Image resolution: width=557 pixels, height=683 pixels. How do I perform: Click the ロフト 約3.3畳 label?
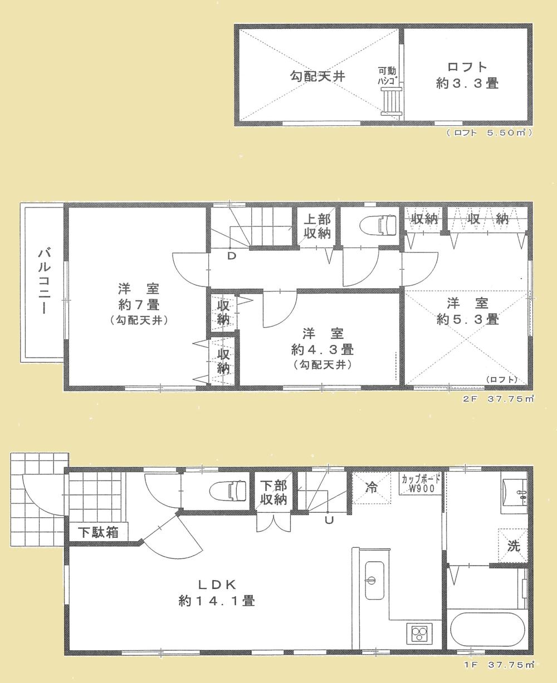[466, 75]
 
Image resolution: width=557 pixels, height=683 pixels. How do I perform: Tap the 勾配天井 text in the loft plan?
[317, 76]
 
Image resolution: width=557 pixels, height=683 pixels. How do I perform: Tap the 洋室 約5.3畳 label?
[467, 311]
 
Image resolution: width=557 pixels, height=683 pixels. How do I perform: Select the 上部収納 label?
[317, 225]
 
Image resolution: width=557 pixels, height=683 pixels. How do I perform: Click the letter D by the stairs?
[231, 255]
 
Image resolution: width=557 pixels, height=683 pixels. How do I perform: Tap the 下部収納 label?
[272, 492]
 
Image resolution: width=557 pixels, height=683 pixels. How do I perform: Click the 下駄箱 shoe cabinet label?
[97, 532]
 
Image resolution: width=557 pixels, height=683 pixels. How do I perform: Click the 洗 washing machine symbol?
[512, 546]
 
